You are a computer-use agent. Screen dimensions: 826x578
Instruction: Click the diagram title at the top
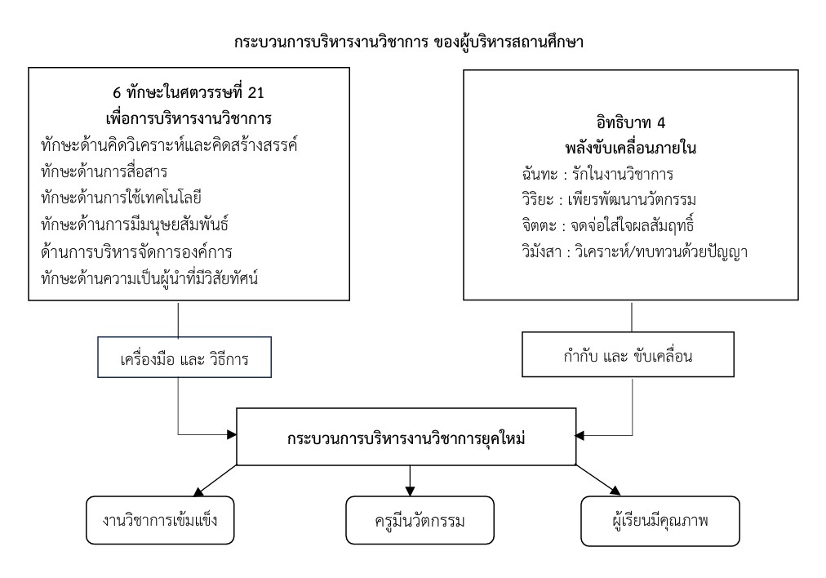(x=409, y=42)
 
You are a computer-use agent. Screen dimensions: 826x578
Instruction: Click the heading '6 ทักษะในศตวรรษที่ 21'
(x=189, y=93)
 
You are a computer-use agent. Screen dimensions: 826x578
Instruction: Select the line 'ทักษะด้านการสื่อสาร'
(x=104, y=171)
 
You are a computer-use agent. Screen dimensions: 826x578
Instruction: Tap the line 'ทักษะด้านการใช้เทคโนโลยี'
(x=121, y=198)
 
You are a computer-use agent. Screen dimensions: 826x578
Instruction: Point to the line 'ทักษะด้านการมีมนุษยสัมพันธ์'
(x=135, y=225)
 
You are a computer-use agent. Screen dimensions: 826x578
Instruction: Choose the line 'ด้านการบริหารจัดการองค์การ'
(x=136, y=251)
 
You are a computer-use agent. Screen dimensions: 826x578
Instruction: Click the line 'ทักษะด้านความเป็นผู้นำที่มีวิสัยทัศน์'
(x=149, y=278)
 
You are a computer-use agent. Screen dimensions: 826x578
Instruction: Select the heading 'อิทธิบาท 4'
(x=631, y=122)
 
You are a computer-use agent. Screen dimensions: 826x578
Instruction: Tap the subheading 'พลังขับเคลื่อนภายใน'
(x=631, y=148)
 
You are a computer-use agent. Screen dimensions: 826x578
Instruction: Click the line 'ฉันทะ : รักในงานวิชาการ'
(x=598, y=174)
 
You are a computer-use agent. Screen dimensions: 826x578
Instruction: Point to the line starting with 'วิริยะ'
(x=609, y=200)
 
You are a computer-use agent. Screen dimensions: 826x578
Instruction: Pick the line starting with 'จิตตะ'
(x=608, y=225)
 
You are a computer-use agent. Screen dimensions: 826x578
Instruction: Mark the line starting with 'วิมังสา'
(x=635, y=251)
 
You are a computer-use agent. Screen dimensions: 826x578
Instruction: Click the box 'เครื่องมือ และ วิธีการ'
(x=184, y=358)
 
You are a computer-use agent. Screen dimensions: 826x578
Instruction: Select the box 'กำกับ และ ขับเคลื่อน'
(x=628, y=354)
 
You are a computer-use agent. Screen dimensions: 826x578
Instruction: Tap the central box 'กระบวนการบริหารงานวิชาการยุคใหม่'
(x=406, y=437)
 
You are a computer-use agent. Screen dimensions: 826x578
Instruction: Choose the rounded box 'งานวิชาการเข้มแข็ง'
(x=160, y=520)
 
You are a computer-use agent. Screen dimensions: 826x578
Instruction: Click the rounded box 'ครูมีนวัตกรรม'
(x=420, y=520)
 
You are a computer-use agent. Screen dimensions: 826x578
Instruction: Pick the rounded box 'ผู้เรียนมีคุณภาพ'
(x=660, y=521)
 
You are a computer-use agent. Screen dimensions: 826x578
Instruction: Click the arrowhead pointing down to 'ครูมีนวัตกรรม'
(x=410, y=491)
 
